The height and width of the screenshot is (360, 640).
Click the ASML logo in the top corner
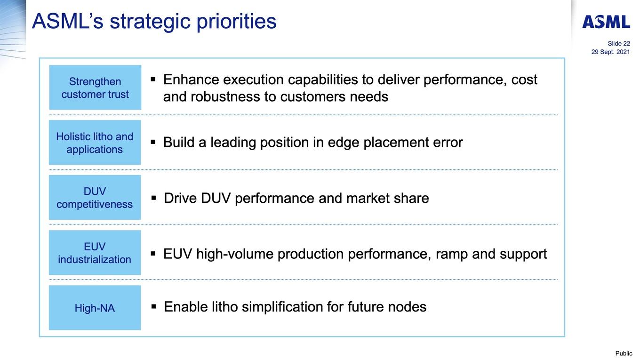pyautogui.click(x=606, y=22)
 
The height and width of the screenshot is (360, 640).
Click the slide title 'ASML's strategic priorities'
pyautogui.click(x=154, y=22)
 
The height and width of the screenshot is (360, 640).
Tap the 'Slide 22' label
pyautogui.click(x=619, y=43)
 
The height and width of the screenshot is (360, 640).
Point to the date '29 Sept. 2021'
pyautogui.click(x=610, y=52)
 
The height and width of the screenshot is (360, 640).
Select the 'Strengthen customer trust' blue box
pyautogui.click(x=95, y=88)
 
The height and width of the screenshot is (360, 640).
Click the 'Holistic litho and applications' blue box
pyautogui.click(x=95, y=143)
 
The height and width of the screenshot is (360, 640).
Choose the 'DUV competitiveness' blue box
pyautogui.click(x=95, y=198)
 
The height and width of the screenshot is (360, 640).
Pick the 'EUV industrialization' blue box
pyautogui.click(x=95, y=253)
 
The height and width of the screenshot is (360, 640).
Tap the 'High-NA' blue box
pyautogui.click(x=95, y=308)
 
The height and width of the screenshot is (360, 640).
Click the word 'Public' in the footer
pyautogui.click(x=624, y=353)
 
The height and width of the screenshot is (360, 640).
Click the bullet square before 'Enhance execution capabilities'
pyautogui.click(x=153, y=79)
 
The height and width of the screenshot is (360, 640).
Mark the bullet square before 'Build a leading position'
pyautogui.click(x=153, y=142)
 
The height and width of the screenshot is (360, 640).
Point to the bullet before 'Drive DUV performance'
pyautogui.click(x=154, y=198)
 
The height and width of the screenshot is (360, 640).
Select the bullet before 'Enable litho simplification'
pyautogui.click(x=154, y=306)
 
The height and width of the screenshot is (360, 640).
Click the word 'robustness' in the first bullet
pyautogui.click(x=225, y=96)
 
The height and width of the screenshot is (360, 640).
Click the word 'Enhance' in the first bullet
pyautogui.click(x=191, y=80)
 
